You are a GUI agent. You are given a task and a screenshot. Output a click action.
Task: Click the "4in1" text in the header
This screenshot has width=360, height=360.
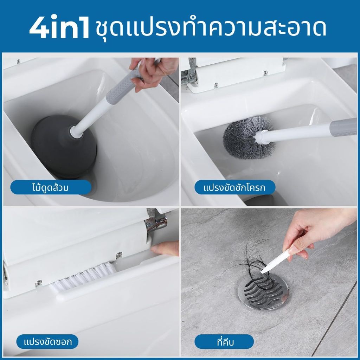pyautogui.click(x=59, y=27)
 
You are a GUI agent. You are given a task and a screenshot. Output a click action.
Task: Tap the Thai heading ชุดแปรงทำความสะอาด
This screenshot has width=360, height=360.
pyautogui.click(x=211, y=28)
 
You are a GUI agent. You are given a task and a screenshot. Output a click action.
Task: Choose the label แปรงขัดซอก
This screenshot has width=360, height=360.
pyautogui.click(x=48, y=342)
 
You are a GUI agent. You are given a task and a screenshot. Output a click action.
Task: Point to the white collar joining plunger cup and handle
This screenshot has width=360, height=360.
pyautogui.click(x=76, y=131)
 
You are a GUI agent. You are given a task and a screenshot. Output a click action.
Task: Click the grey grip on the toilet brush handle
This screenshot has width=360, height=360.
pyautogui.click(x=343, y=127)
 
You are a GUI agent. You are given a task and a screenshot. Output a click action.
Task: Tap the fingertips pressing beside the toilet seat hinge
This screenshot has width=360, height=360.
pyautogui.click(x=165, y=248)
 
